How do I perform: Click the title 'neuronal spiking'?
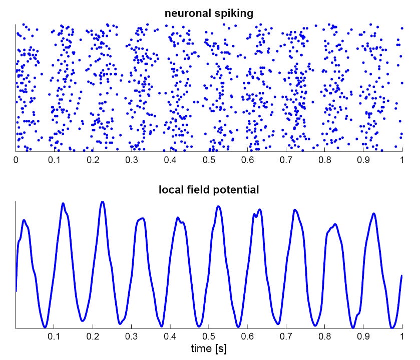click(209, 13)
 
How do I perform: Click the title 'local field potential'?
click(209, 190)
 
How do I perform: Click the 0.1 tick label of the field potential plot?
click(55, 336)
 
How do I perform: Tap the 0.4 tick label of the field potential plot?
click(170, 336)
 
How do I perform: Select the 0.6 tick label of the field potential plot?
click(248, 336)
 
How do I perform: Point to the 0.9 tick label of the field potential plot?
click(363, 336)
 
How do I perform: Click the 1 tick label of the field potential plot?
click(402, 336)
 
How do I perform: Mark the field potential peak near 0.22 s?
click(103, 202)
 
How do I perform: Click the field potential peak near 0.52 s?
click(218, 206)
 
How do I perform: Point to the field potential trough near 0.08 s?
click(45, 326)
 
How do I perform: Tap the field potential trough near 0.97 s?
click(392, 327)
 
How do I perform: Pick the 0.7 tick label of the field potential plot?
click(286, 336)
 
